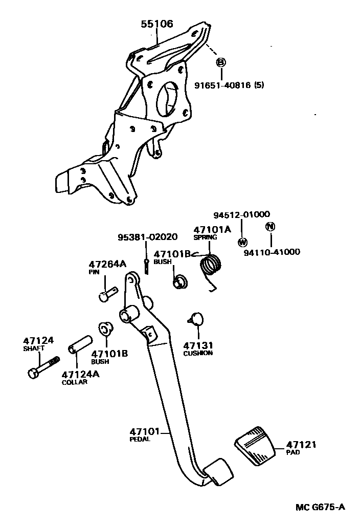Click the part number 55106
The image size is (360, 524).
[x=157, y=24]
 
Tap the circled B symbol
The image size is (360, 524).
[x=221, y=62]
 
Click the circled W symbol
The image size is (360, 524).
[x=243, y=242]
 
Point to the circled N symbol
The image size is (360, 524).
[x=271, y=227]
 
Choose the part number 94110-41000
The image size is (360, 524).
[x=272, y=252]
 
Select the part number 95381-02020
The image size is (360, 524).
[x=147, y=237]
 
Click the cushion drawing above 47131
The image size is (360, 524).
[x=195, y=319]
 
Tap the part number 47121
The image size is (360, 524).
[x=301, y=445]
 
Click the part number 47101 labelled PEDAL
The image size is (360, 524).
[x=145, y=431]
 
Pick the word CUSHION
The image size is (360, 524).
[x=198, y=353]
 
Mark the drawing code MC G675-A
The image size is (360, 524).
[x=320, y=507]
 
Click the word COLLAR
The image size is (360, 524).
[x=74, y=382]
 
